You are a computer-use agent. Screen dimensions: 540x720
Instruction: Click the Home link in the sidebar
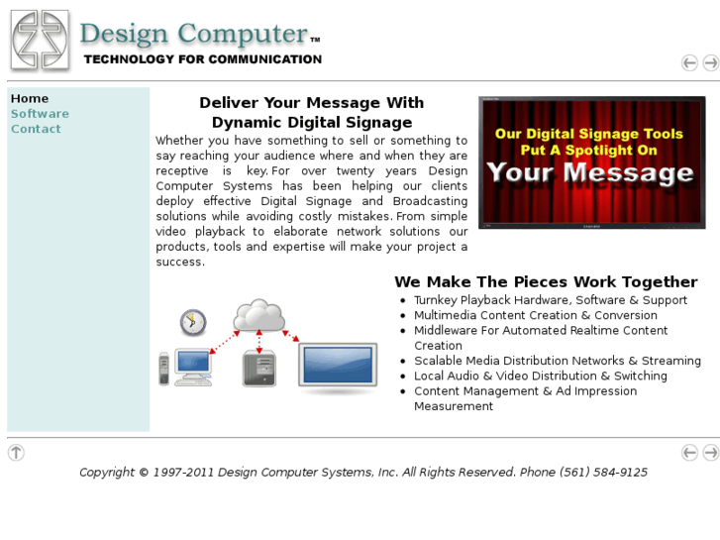[30, 99]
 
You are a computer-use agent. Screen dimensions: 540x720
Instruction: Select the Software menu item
[40, 114]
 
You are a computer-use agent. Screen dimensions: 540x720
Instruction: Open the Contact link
[36, 129]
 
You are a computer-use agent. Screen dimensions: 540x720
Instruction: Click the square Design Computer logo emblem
[40, 40]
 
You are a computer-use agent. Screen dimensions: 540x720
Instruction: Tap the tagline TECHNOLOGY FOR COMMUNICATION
[203, 59]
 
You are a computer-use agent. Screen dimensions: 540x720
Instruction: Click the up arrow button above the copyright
[16, 453]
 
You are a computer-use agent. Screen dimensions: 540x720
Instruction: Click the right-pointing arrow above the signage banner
[711, 63]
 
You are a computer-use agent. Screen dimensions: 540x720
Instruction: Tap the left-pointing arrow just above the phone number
[689, 453]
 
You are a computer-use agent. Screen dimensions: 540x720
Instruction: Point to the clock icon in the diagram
[193, 322]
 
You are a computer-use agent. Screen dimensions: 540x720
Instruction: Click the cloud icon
[258, 316]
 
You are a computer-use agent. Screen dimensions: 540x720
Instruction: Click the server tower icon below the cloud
[258, 369]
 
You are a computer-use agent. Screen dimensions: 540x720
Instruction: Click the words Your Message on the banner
[589, 174]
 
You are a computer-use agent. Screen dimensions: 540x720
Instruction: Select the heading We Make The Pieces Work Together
[546, 282]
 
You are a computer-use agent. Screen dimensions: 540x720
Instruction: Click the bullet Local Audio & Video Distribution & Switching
[541, 377]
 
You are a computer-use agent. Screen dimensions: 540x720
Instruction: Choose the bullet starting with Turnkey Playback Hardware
[551, 300]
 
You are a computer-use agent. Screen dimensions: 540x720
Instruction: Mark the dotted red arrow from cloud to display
[291, 336]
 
